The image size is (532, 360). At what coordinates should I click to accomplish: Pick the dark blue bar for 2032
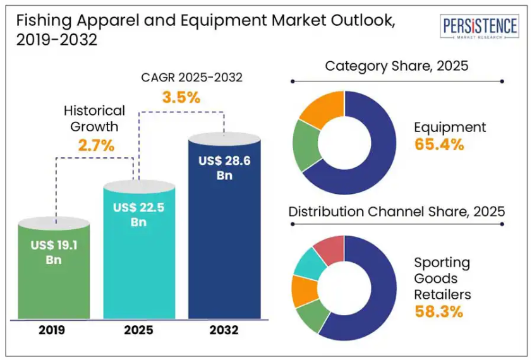point(224,253)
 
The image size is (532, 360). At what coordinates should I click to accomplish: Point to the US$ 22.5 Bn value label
point(139,214)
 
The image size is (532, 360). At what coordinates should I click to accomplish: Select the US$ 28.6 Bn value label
point(224,168)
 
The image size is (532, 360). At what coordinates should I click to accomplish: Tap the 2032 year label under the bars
point(224,330)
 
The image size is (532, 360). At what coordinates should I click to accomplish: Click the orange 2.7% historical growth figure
point(96,145)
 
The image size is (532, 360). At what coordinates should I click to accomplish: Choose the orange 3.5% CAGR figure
point(181,97)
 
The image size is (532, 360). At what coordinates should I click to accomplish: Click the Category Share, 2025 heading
point(397,66)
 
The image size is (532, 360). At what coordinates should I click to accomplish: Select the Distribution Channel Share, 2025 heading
point(397,211)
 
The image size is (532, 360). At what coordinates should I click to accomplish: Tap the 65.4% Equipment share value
point(439,144)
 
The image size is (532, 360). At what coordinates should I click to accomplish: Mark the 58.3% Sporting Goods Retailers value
point(439,311)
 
